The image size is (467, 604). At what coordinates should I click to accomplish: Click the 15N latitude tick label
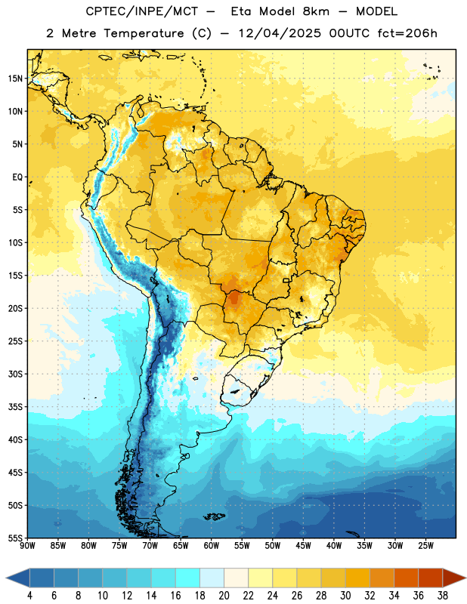15,79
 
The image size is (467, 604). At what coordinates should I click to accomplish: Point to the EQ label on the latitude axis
17,177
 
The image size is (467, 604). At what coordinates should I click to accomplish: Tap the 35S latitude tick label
15,407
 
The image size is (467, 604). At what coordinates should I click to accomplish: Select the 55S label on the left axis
15,538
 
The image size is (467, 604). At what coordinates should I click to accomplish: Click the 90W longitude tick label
27,546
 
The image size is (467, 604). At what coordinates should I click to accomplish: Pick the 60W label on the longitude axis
212,546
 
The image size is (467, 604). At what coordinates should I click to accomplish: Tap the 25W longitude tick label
425,546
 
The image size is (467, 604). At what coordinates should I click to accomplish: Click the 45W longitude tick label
303,546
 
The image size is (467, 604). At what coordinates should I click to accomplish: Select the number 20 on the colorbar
224,596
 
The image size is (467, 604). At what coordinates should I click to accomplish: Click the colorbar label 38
443,596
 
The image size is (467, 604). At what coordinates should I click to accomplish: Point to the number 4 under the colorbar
29,596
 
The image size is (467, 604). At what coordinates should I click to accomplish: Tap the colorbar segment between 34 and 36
406,578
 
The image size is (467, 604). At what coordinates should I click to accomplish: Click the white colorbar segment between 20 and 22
236,578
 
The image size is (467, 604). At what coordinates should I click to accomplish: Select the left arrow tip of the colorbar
6,578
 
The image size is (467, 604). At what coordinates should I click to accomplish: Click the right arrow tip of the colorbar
465,578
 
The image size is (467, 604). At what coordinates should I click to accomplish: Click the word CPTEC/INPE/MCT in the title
142,11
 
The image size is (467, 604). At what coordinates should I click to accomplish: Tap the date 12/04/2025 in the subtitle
280,33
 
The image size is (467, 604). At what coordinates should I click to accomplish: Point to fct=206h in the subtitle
407,33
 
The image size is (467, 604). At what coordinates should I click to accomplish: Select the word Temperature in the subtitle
144,34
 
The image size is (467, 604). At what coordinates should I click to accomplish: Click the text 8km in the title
316,11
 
